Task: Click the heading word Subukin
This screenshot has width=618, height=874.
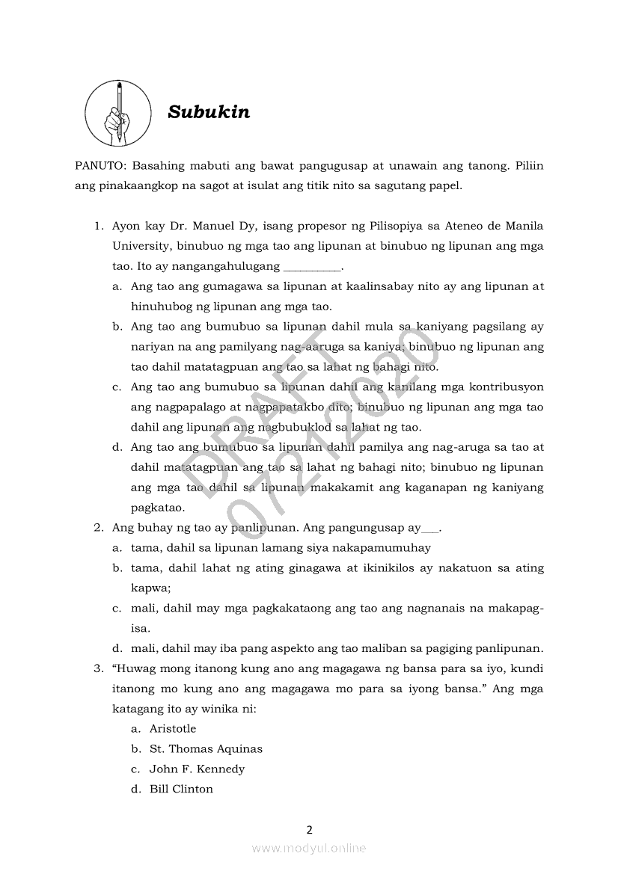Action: coord(209,112)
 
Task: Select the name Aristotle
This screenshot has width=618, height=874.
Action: coord(173,728)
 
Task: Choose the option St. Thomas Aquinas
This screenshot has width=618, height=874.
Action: coord(206,748)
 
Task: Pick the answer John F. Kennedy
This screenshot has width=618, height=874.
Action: coord(197,769)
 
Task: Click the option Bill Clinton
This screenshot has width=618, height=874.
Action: coord(181,789)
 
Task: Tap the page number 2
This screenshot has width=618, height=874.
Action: coord(309,829)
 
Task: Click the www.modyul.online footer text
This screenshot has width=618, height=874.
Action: coord(309,848)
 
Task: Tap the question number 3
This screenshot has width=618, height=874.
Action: coord(98,668)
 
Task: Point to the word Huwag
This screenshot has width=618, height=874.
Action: coord(135,668)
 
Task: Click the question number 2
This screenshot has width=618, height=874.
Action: coord(98,527)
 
